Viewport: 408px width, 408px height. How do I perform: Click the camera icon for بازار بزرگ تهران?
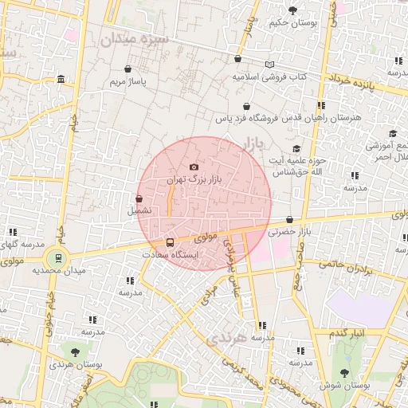[x=194, y=167]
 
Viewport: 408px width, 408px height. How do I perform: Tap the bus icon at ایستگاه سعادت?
[x=169, y=241]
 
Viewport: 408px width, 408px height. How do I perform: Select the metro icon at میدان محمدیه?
[x=56, y=257]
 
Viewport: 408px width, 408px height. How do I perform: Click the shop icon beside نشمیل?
[x=139, y=198]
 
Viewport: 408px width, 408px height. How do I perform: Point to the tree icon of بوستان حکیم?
[x=292, y=10]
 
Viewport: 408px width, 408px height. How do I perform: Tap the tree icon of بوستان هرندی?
[x=75, y=351]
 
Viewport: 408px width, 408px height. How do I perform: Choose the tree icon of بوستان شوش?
[x=345, y=372]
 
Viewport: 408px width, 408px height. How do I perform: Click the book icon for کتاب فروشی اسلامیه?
[x=269, y=65]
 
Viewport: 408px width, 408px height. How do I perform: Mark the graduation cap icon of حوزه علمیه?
[x=296, y=149]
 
